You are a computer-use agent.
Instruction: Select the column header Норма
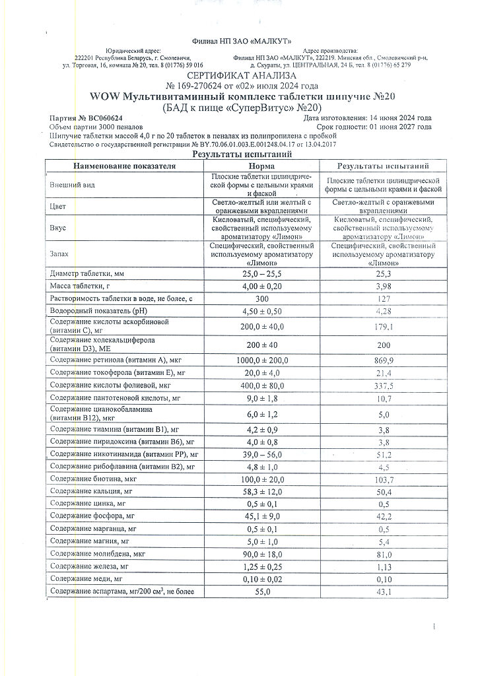(x=261, y=166)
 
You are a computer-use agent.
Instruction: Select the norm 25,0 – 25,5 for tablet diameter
(x=261, y=273)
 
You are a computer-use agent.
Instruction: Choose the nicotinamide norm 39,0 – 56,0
(x=261, y=454)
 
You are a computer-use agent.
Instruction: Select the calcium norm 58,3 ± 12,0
(x=261, y=492)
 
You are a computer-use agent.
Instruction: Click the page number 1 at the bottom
(x=434, y=625)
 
